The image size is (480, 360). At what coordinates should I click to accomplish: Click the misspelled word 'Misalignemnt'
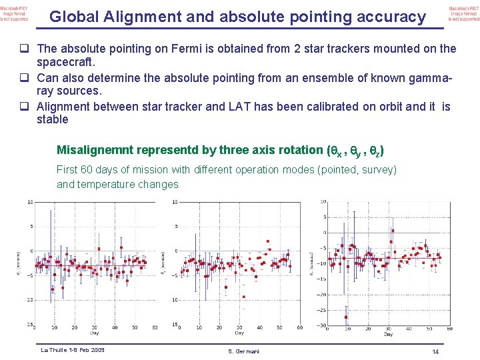(x=95, y=151)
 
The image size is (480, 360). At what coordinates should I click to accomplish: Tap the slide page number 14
(x=435, y=351)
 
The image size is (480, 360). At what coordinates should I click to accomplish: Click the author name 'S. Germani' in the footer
(x=243, y=351)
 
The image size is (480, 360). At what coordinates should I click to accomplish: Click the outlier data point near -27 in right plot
(x=347, y=316)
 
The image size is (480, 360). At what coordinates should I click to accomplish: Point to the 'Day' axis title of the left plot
(x=93, y=333)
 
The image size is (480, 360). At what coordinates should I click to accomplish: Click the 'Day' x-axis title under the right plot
(x=388, y=334)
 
